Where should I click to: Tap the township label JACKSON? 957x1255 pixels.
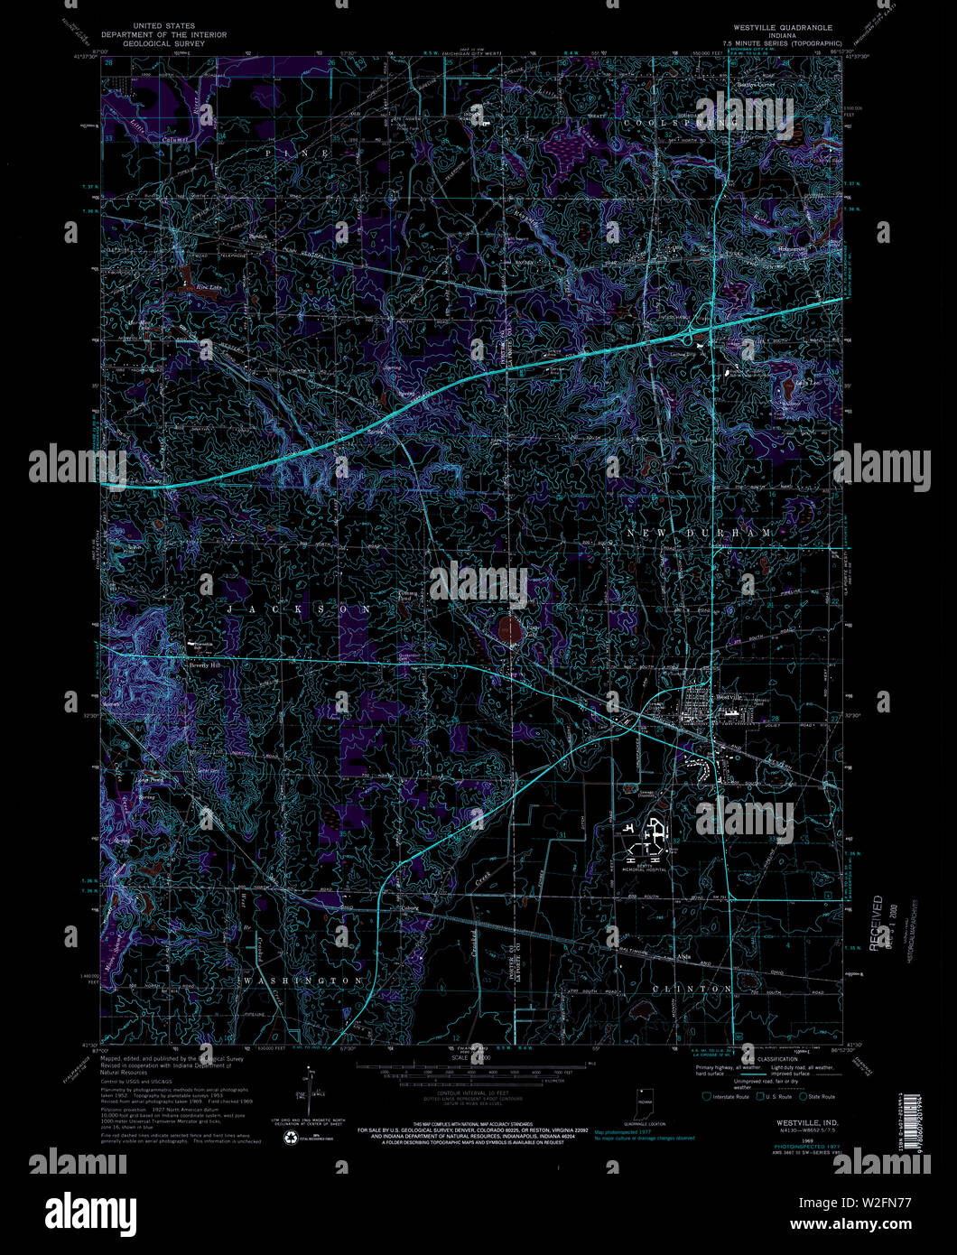298,610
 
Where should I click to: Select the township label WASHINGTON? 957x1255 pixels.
303,981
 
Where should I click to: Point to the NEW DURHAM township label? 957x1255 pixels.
700,534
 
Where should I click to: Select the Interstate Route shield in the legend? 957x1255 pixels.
707,1096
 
